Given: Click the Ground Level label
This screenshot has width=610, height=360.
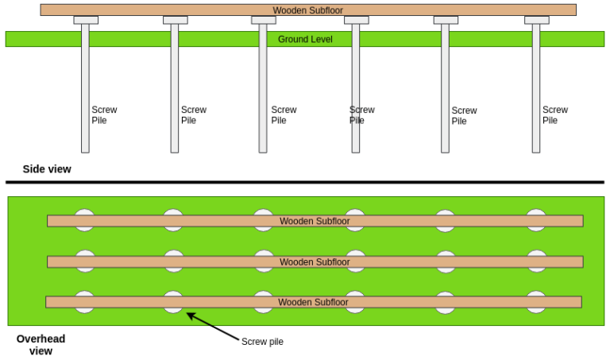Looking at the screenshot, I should pos(305,39).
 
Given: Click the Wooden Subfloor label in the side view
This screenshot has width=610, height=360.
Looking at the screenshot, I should pos(308,10).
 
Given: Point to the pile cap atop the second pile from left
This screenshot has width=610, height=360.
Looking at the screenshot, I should pos(176,20).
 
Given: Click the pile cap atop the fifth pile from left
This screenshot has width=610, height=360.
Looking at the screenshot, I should pos(446,20).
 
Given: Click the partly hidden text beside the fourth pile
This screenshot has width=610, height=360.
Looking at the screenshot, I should pos(354,115).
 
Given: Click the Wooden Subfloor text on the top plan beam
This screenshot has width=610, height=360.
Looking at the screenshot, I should pos(315,221).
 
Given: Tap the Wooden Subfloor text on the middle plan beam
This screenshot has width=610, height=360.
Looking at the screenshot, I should pos(315,261).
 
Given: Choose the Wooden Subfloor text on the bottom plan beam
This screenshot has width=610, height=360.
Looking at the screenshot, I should pos(313,302).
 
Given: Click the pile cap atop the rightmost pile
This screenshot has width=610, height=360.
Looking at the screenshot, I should pos(537,20).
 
